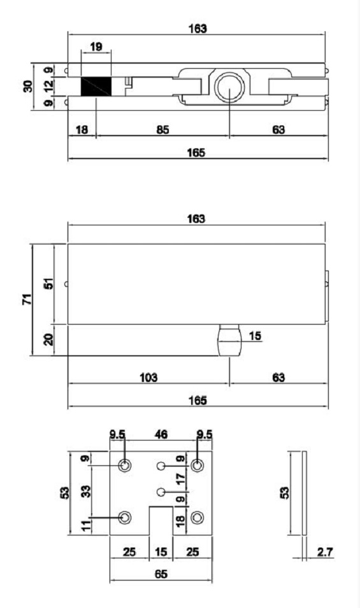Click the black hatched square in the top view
click(x=96, y=86)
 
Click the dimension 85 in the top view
click(x=162, y=130)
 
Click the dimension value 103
click(x=149, y=377)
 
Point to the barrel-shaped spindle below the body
click(x=230, y=340)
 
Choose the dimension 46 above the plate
click(x=162, y=436)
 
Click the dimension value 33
click(x=86, y=491)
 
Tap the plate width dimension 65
click(x=161, y=574)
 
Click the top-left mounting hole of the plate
click(x=126, y=465)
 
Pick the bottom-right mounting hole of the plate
click(x=199, y=517)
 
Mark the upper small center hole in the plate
click(x=162, y=466)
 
